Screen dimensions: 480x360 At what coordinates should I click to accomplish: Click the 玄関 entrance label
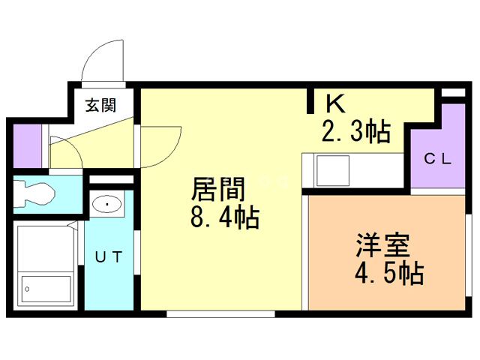coord(100,105)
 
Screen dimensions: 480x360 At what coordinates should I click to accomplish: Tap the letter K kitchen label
coord(335,103)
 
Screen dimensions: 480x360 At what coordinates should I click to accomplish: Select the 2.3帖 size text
coord(356,132)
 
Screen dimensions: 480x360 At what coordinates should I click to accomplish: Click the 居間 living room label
coord(217,189)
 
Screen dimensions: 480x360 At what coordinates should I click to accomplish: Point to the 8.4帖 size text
coord(225,217)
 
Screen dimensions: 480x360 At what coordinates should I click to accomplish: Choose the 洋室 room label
coord(382,245)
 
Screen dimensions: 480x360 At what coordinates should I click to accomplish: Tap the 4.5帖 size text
coord(389,273)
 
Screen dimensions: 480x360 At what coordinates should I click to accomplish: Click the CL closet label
coord(438,159)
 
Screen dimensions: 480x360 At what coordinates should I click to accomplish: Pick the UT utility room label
coord(109,256)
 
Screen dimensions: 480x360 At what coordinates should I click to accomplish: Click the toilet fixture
coord(34,193)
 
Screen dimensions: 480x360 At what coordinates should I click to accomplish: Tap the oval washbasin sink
coord(106,204)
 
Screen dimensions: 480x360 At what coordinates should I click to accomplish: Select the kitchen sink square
coord(333,170)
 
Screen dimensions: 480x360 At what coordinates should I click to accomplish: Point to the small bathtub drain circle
coord(27,289)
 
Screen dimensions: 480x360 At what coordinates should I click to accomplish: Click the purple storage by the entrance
coord(27,145)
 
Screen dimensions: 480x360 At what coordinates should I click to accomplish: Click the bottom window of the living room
coord(220,313)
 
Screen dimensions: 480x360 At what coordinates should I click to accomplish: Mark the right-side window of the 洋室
coord(468,255)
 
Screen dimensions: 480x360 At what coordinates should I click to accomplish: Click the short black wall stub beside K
coord(310,100)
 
